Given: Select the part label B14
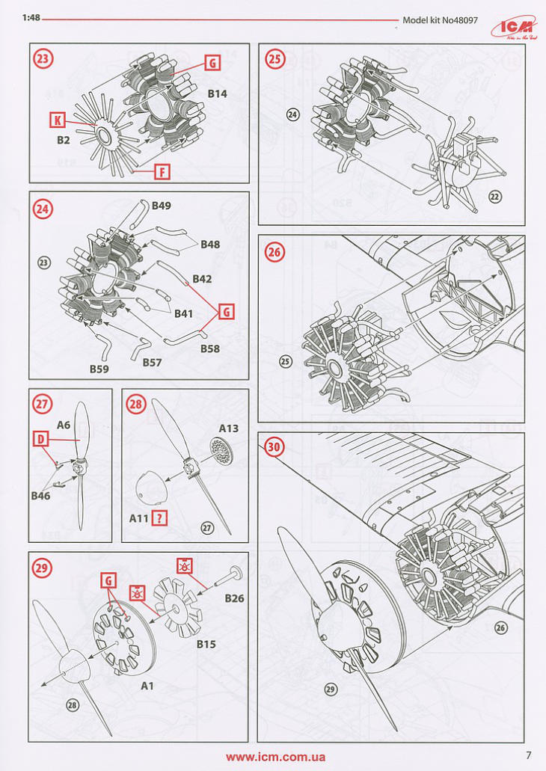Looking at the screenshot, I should coord(217,94).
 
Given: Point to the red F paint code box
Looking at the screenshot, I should coord(162,172).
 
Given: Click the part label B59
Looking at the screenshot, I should coord(99,369).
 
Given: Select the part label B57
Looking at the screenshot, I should coord(153,362).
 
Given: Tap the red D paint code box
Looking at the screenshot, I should coord(41,440).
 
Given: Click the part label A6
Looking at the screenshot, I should coord(64,425).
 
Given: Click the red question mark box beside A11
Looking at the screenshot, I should coord(159,517).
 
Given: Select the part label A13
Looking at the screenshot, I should coord(229,428).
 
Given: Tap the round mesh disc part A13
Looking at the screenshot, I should coord(218,449).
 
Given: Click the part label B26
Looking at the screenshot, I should coord(235,598).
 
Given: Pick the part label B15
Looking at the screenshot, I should coord(206,644).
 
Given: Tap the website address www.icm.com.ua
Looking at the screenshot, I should coord(275,756).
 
